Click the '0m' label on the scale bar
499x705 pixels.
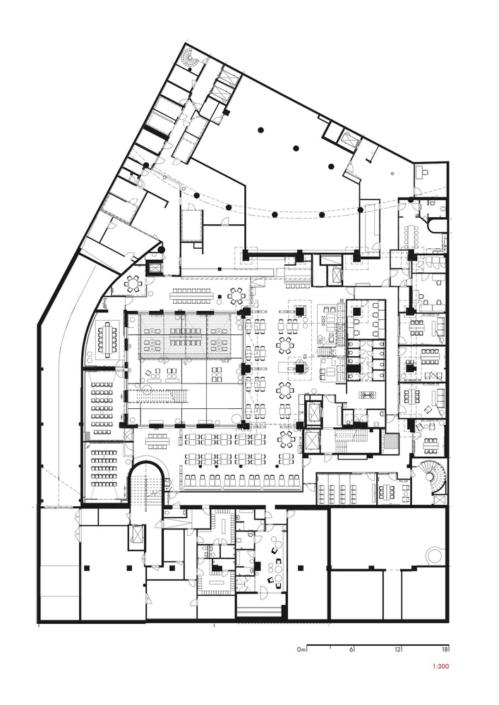301,649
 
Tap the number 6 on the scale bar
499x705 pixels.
351,649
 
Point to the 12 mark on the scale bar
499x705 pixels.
398,649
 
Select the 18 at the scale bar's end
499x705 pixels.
444,649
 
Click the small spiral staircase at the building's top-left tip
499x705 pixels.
191,62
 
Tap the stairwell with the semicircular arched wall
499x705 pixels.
148,486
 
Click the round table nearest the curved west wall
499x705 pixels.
132,283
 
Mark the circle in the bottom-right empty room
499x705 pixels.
434,553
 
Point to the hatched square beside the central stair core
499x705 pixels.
389,442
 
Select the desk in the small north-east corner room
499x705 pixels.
422,171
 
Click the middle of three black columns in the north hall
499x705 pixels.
296,148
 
